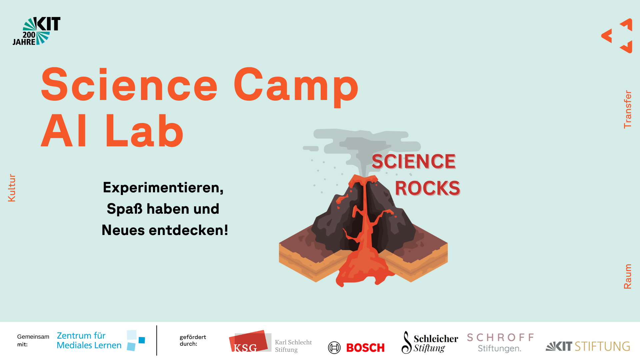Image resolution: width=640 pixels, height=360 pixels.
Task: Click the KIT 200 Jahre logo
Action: point(37,31)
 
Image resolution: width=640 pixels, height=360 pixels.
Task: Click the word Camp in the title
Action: point(296,86)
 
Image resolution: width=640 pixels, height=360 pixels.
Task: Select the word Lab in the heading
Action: point(144,130)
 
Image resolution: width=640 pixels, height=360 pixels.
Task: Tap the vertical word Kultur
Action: point(12,188)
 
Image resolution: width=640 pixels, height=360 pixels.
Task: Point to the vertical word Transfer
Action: point(628,109)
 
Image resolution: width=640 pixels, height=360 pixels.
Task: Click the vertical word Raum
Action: point(628,276)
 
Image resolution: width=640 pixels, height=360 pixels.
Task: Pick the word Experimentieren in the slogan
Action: point(161,188)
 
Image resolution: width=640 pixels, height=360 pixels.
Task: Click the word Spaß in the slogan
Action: point(124,209)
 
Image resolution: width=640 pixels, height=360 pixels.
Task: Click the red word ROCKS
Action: point(427,188)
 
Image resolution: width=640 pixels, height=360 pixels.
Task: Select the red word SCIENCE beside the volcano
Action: point(414,161)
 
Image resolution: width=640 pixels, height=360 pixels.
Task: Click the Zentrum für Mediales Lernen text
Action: point(89,340)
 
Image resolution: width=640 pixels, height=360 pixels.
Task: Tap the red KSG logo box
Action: point(248,341)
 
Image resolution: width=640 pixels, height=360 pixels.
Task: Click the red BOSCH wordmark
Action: point(365,348)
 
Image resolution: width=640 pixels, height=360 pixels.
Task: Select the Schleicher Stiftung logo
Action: point(430,342)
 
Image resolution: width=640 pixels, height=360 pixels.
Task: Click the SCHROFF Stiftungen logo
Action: point(500,343)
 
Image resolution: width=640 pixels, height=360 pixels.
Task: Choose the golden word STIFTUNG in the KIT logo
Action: point(603,346)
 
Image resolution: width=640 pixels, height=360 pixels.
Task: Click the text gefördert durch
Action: point(193,340)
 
